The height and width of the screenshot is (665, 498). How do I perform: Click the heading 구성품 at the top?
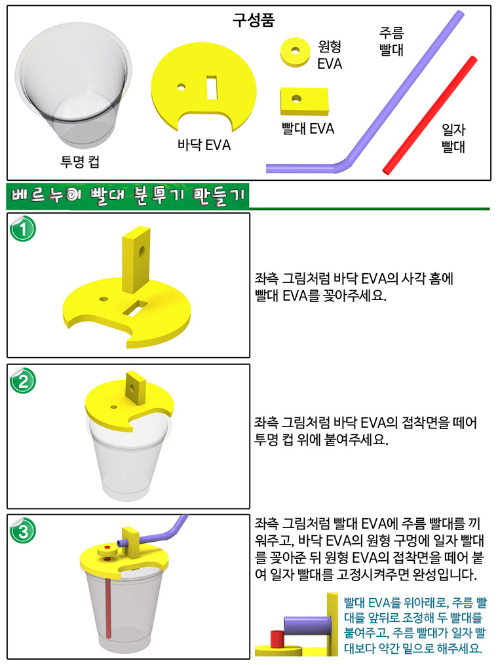tap(253, 20)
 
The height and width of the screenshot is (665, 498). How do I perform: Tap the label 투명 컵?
tap(80, 162)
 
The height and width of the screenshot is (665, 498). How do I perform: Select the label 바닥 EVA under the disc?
tap(204, 145)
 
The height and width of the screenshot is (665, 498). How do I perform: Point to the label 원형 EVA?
tap(330, 55)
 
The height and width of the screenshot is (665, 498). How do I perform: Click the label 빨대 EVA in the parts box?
tap(308, 128)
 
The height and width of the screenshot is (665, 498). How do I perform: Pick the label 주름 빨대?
tap(392, 41)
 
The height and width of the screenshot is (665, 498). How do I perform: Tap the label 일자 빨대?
tap(453, 138)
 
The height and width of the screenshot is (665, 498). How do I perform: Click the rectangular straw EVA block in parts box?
tap(304, 102)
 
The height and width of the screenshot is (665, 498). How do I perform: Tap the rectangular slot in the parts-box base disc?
tap(212, 88)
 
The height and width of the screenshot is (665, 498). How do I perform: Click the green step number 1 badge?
tap(23, 229)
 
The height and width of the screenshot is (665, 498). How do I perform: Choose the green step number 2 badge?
tap(23, 381)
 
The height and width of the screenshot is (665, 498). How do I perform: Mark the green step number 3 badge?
tap(23, 531)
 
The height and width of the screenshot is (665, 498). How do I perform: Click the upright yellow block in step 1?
tap(136, 259)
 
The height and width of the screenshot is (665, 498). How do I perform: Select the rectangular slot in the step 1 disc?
tap(136, 309)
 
